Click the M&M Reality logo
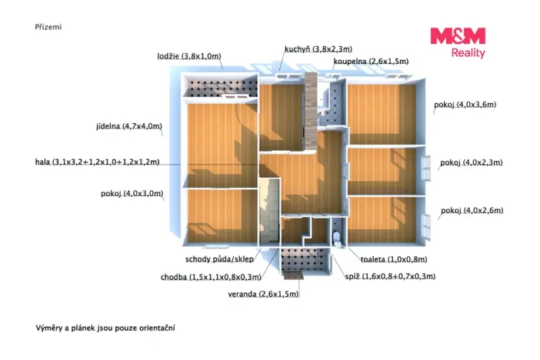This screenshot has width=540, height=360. [x=458, y=43]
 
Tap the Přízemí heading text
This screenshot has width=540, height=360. [x=48, y=27]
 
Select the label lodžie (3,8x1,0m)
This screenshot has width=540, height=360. [x=189, y=56]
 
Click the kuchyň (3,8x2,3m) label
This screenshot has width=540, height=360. [x=318, y=49]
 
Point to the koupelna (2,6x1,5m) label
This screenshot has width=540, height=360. [x=371, y=62]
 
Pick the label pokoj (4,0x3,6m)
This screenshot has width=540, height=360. [x=465, y=105]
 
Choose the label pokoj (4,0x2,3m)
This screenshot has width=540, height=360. [x=471, y=162]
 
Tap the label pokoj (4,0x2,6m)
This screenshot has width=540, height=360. [x=472, y=210]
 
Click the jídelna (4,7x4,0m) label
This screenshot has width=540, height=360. [x=129, y=126]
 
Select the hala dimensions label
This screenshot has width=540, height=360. [x=98, y=162]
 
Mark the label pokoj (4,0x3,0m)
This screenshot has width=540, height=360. [x=132, y=193]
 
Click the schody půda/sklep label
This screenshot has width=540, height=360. [x=219, y=259]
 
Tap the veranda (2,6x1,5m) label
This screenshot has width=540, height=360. [x=263, y=294]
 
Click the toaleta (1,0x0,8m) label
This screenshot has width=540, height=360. [x=394, y=259]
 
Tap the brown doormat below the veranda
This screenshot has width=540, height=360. [x=293, y=275]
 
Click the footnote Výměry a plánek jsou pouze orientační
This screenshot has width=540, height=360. [x=105, y=328]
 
